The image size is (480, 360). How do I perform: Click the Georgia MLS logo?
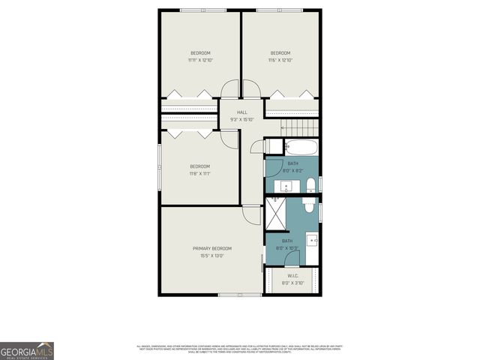[27, 350]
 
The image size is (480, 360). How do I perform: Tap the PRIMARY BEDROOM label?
[212, 248]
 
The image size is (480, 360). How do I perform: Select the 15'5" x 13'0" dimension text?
[212, 256]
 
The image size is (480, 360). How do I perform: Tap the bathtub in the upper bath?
[300, 145]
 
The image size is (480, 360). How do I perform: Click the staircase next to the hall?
[292, 124]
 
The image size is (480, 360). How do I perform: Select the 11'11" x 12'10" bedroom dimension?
[200, 60]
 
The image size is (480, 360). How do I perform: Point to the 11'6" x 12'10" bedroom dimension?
[280, 60]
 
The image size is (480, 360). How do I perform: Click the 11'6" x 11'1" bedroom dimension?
[199, 173]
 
